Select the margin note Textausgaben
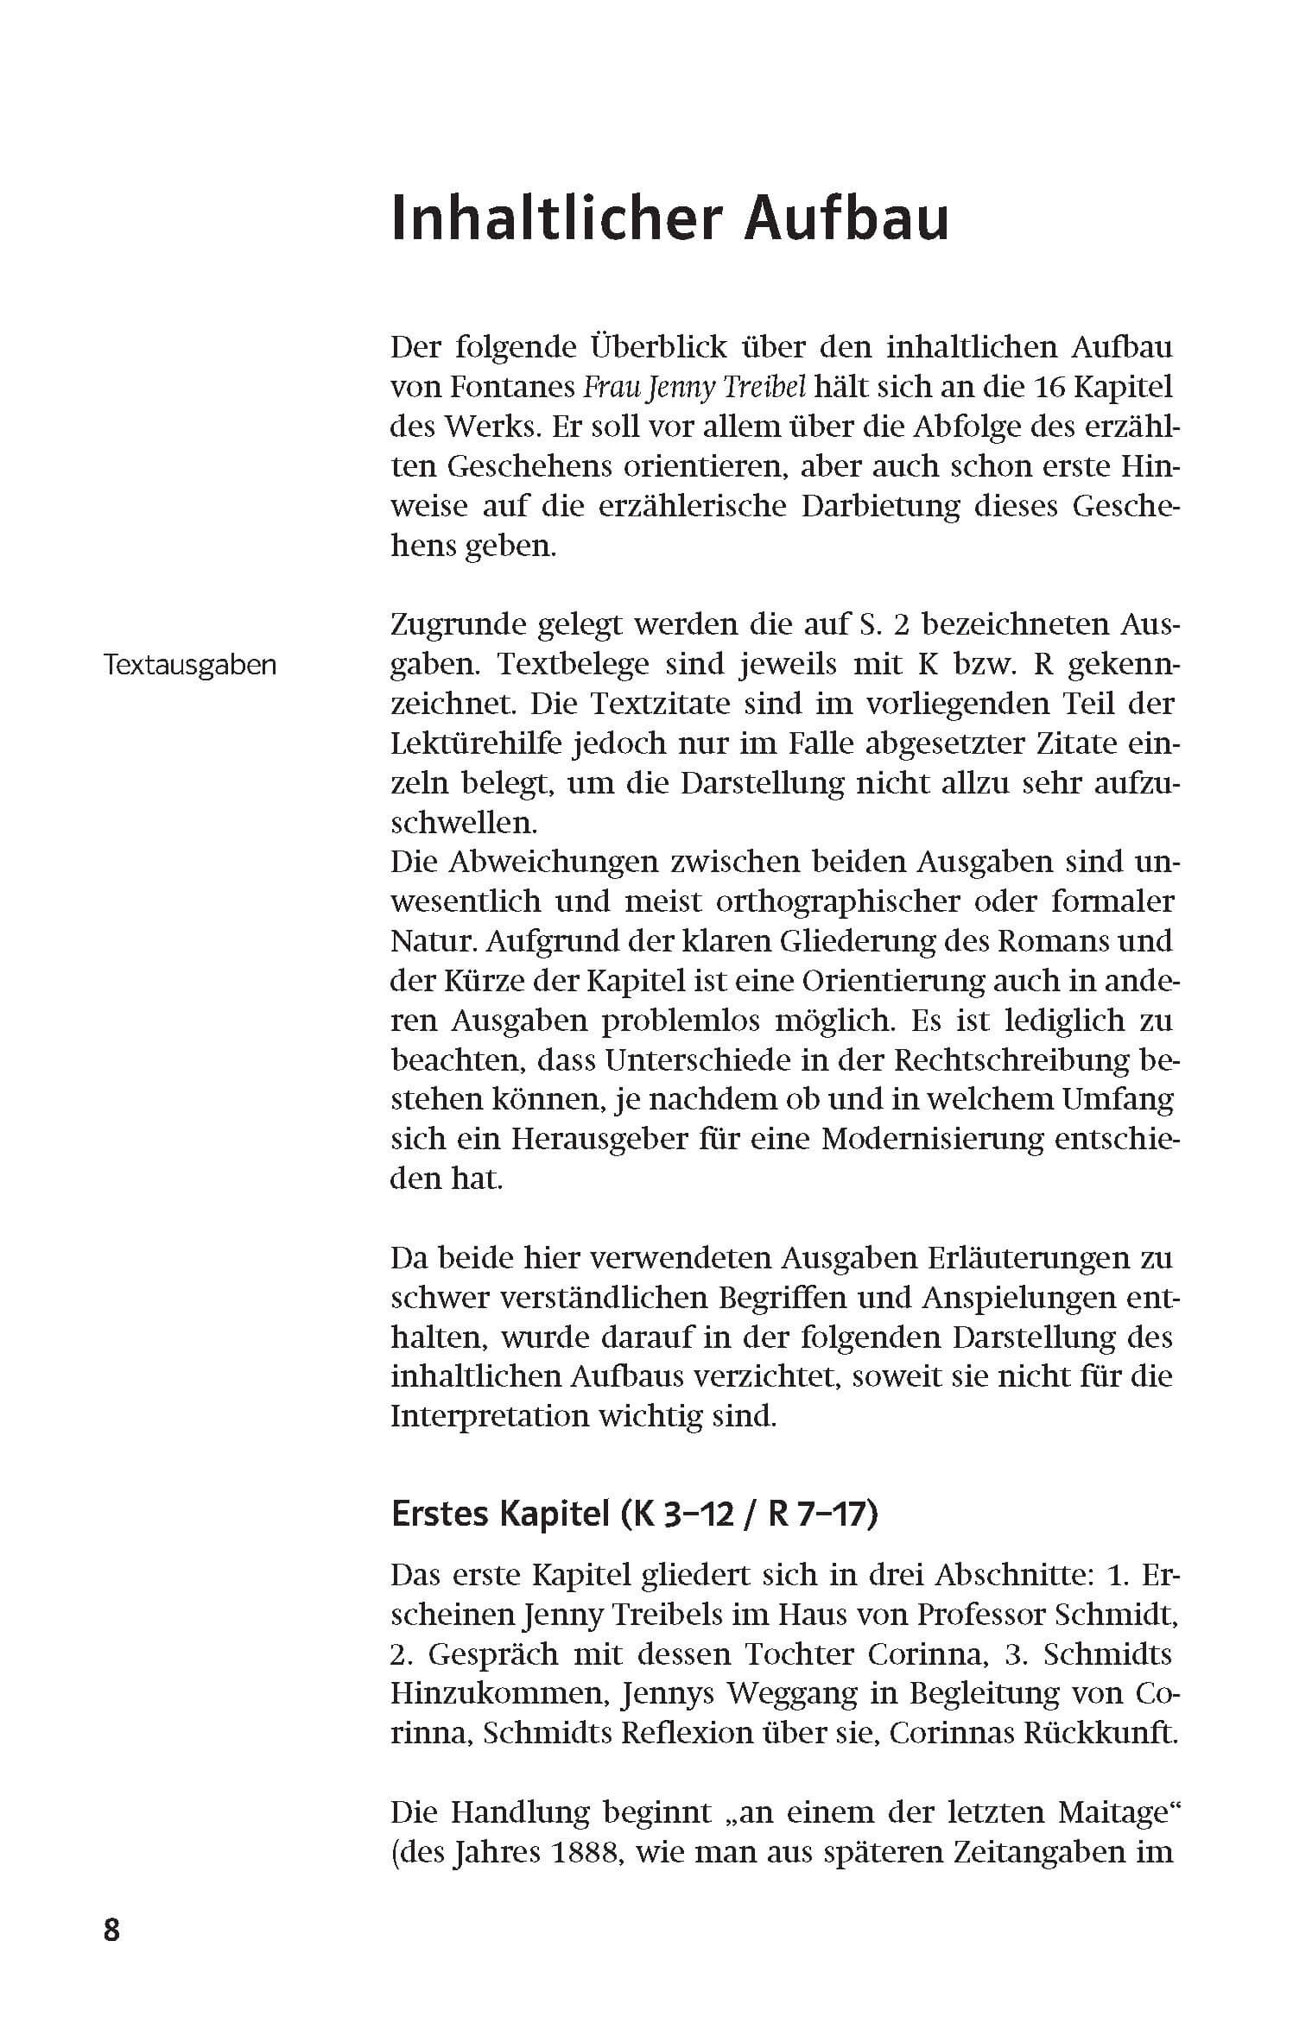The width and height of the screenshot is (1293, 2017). (x=190, y=665)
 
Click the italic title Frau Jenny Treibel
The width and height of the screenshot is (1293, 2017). (x=694, y=387)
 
